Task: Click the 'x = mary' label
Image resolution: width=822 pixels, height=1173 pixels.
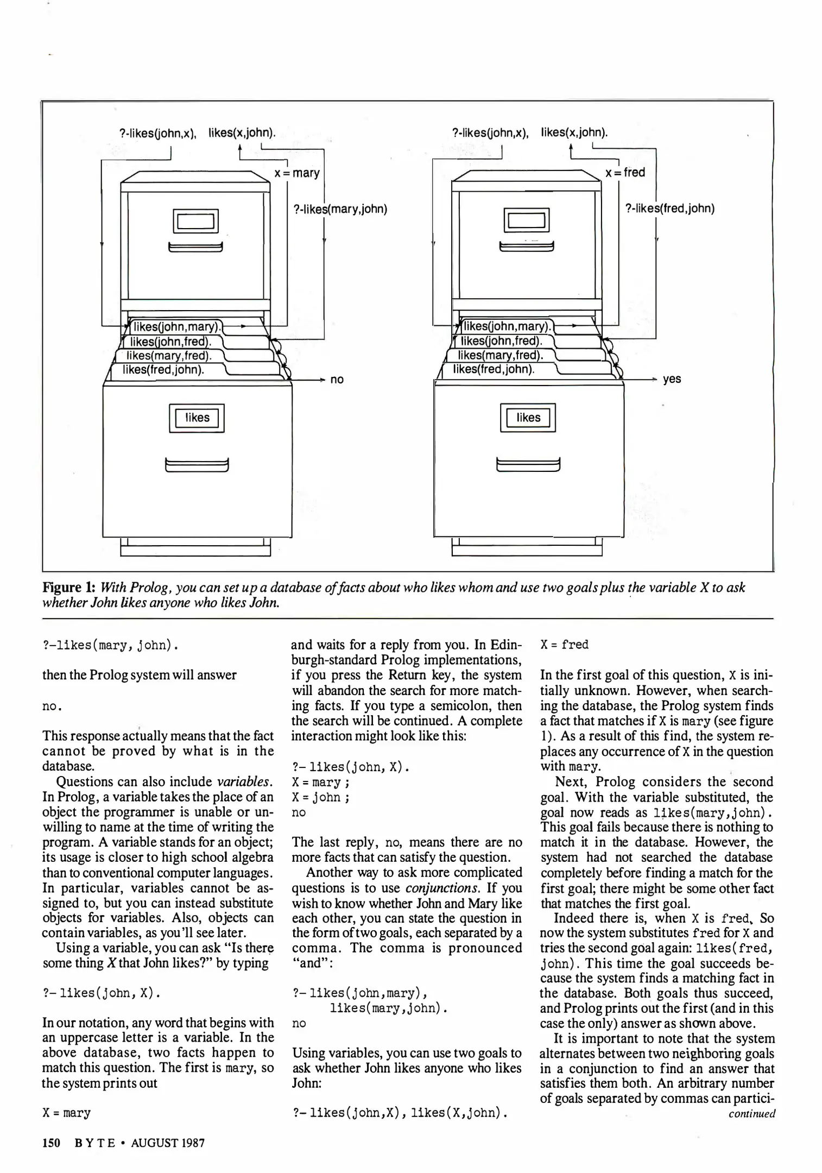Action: click(297, 173)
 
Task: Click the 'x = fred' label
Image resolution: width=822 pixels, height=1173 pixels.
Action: click(625, 173)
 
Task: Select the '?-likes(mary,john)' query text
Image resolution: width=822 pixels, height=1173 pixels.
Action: click(340, 209)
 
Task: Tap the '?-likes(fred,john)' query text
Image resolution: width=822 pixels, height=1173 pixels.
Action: click(670, 209)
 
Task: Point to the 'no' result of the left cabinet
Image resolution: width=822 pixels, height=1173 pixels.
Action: click(337, 380)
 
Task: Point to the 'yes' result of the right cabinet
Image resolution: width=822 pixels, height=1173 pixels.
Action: click(672, 379)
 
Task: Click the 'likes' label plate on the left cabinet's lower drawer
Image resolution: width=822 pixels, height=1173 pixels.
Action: click(197, 418)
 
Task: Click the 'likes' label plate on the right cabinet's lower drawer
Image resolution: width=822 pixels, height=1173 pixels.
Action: click(528, 418)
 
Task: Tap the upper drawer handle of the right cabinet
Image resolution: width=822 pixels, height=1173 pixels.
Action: click(526, 247)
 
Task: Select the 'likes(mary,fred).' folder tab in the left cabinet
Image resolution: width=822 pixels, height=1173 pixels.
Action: click(168, 356)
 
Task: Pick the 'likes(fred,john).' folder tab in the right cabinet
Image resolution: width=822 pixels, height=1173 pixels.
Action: click(494, 370)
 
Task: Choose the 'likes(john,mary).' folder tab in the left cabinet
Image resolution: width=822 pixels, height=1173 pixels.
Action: click(176, 327)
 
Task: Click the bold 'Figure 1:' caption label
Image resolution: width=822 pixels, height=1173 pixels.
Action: click(69, 588)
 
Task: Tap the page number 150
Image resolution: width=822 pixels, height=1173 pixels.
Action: click(51, 1143)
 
